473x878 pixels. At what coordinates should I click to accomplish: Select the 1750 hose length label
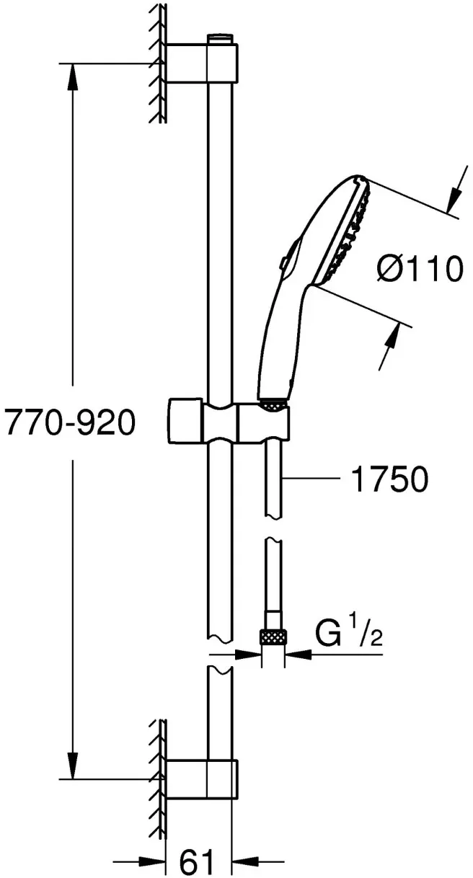(389, 479)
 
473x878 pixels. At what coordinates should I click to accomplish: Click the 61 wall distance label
(198, 861)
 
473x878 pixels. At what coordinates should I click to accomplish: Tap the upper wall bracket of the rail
(202, 63)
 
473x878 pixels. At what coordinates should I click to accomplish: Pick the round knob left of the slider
(185, 422)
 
